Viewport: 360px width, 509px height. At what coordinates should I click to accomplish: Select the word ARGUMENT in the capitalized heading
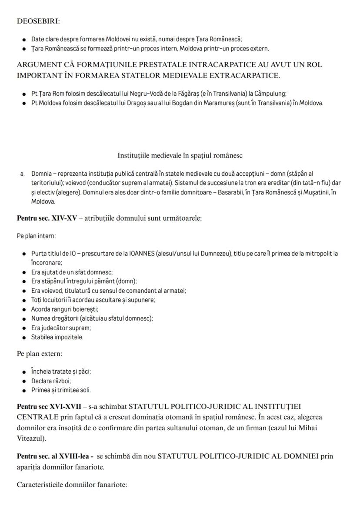click(x=38, y=65)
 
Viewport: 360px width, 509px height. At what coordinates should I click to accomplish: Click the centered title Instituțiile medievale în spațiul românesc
click(x=180, y=155)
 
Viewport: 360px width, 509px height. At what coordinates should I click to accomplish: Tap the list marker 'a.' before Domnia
click(x=22, y=174)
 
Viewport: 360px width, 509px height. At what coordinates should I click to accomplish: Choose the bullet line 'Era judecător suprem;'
click(x=61, y=328)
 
